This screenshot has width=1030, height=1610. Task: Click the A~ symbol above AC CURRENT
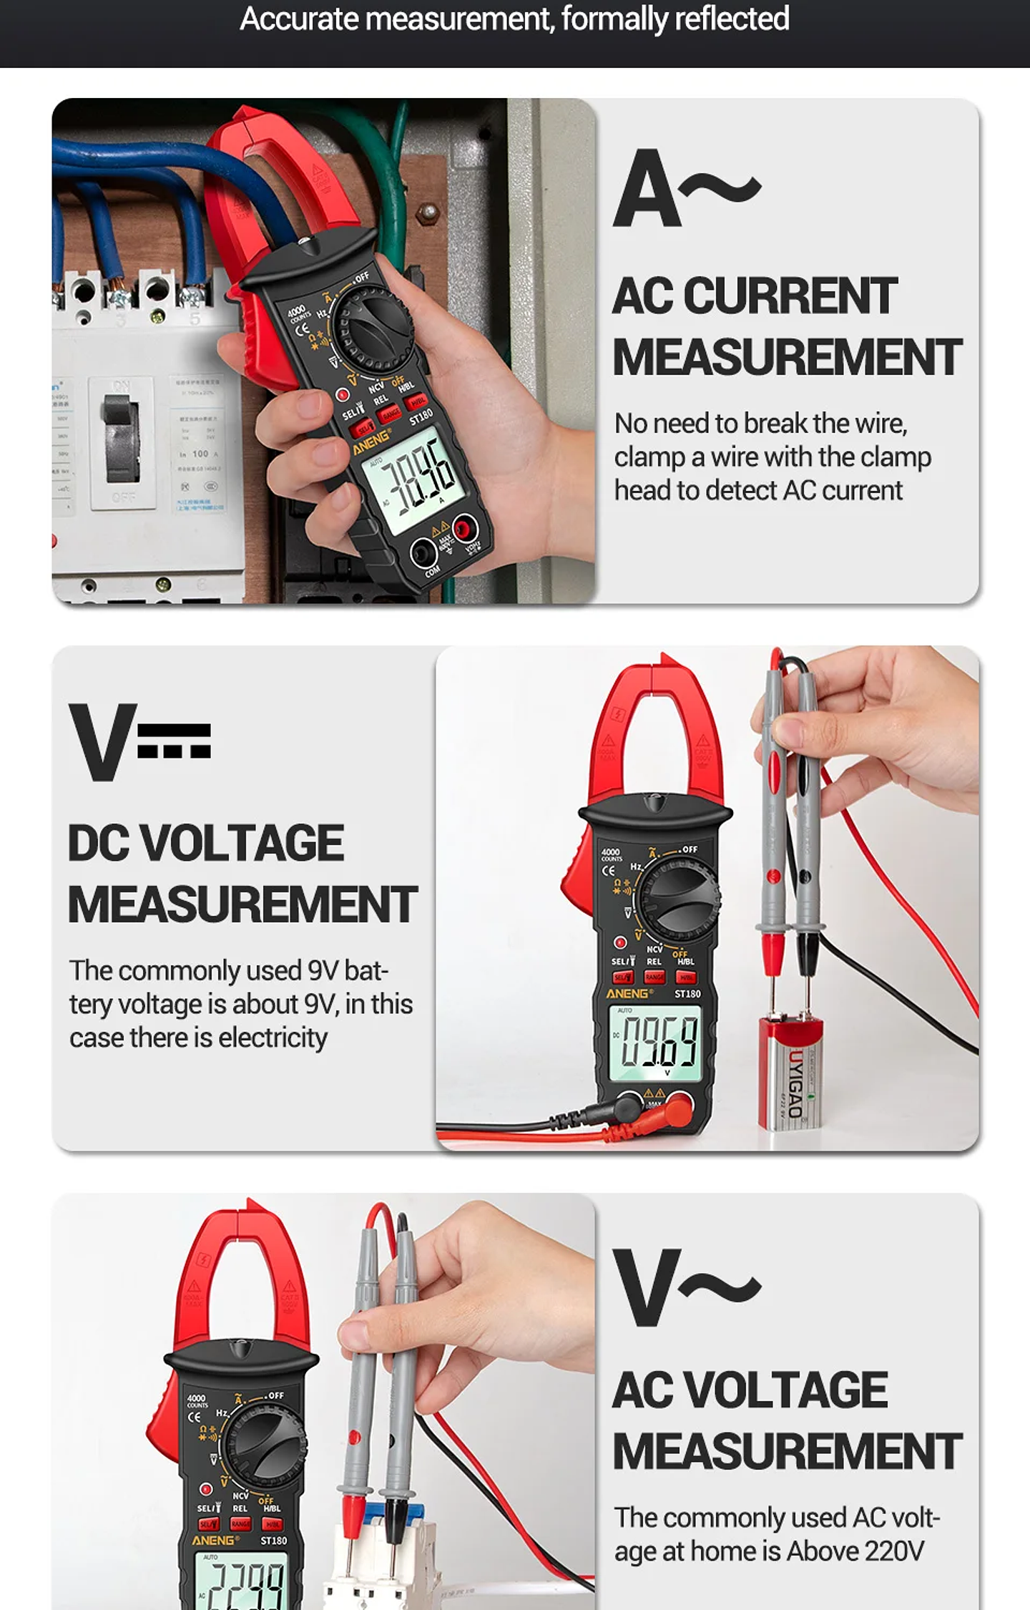(685, 189)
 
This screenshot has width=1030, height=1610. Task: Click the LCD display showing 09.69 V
(655, 1042)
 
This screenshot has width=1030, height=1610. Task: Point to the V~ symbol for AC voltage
(685, 1287)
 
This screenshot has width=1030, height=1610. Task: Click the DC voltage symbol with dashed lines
(139, 741)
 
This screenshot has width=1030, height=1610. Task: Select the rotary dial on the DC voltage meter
(677, 897)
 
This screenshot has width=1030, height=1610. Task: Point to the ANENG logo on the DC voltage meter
(628, 994)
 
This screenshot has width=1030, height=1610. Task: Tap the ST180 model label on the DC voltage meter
(687, 994)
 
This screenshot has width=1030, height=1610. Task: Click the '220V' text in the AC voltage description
(894, 1551)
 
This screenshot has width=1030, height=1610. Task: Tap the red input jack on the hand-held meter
(466, 530)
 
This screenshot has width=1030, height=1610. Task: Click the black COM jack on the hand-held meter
(424, 553)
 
